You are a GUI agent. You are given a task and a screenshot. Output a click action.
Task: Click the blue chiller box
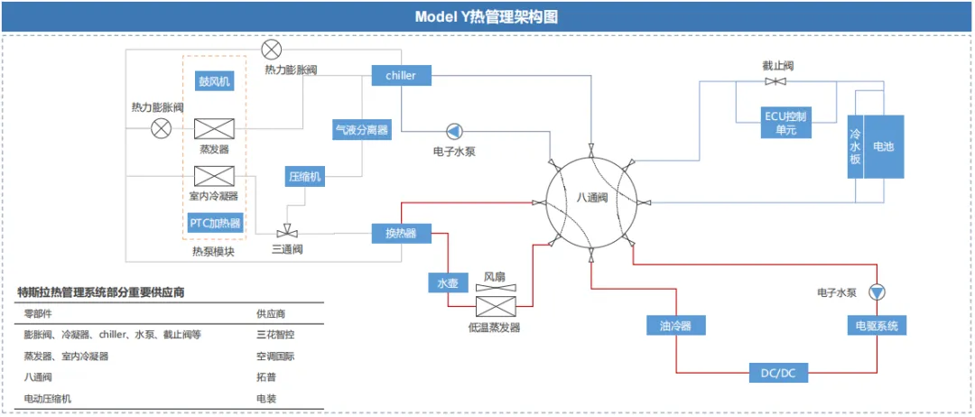[x=401, y=76]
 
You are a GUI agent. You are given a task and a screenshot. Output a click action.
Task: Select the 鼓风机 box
[x=215, y=81]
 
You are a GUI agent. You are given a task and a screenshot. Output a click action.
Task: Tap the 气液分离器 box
[x=362, y=130]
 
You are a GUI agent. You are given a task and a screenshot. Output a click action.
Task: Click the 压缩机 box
[x=305, y=177]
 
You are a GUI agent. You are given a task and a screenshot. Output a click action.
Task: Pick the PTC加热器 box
[x=215, y=222]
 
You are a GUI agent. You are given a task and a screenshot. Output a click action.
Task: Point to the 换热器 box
[x=401, y=233]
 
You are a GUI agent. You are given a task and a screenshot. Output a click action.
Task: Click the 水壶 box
[x=448, y=283]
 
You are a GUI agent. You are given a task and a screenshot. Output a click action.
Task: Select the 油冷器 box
[x=676, y=325]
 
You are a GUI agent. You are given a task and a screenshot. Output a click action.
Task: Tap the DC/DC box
[x=778, y=373]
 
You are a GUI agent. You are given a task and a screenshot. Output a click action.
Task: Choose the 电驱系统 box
[x=877, y=325]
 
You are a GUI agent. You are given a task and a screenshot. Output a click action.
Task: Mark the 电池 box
[x=884, y=146]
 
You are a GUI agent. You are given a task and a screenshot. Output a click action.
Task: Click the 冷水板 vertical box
[x=856, y=146]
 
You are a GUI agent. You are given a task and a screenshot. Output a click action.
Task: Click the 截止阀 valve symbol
[x=775, y=82]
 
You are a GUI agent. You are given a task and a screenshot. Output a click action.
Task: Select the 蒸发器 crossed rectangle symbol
[x=215, y=129]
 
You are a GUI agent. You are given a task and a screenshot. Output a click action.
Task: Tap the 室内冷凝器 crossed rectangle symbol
[x=215, y=176]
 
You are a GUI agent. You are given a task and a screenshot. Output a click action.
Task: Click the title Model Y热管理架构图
[x=487, y=17]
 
